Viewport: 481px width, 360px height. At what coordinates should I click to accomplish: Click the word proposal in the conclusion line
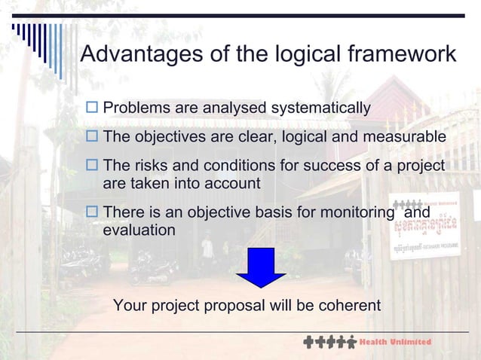pyautogui.click(x=230, y=307)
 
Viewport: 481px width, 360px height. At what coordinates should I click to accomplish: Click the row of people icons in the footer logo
pyautogui.click(x=329, y=343)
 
